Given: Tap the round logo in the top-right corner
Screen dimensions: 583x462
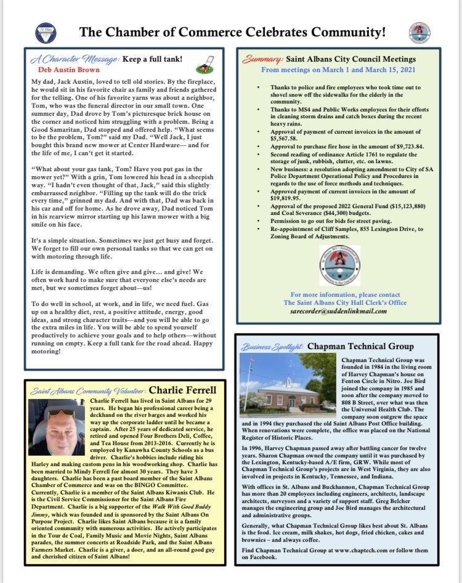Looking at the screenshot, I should point(419,32).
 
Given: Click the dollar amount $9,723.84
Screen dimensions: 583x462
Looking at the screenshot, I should point(392,147).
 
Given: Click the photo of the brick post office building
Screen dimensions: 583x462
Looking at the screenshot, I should point(288,383).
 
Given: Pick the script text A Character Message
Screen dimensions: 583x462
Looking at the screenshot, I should point(68,59).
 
